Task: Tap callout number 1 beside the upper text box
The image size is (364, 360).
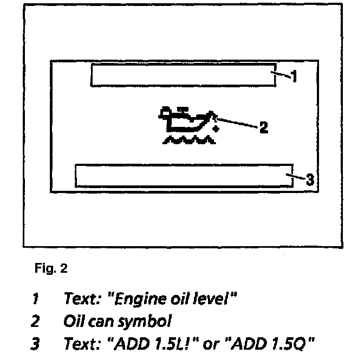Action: (294, 78)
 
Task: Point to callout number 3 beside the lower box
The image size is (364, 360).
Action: (309, 179)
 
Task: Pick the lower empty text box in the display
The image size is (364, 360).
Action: (184, 176)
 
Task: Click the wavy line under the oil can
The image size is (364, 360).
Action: (188, 141)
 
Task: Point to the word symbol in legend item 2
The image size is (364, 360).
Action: (147, 322)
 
